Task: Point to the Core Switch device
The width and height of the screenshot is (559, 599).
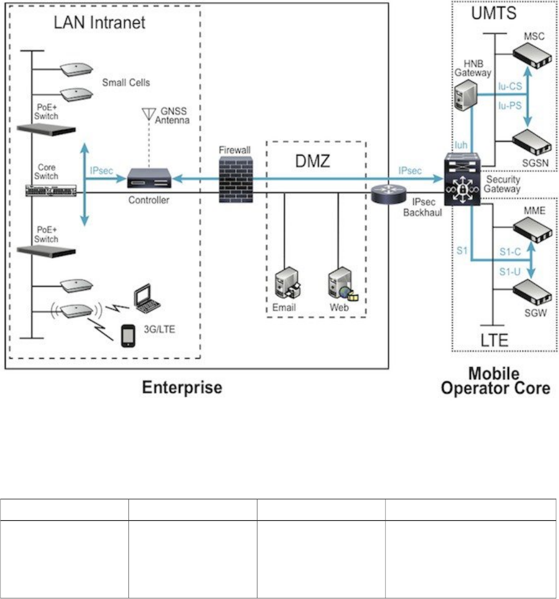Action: [50, 191]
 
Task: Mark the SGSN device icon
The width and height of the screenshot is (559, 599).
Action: [532, 143]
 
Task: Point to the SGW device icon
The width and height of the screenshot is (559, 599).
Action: [532, 292]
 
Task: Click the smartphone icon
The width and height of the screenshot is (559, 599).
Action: [128, 335]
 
